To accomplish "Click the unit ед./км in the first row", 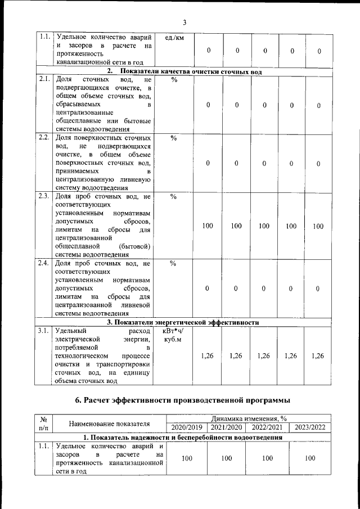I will pos(171,38).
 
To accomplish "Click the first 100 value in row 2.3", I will pos(208,226).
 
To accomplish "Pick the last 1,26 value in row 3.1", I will pos(318,355).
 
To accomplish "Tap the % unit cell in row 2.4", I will pos(174,263).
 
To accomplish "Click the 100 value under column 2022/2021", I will pos(268,458).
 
